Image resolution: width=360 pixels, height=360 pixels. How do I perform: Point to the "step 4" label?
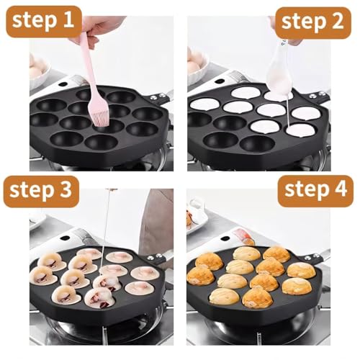312,191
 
